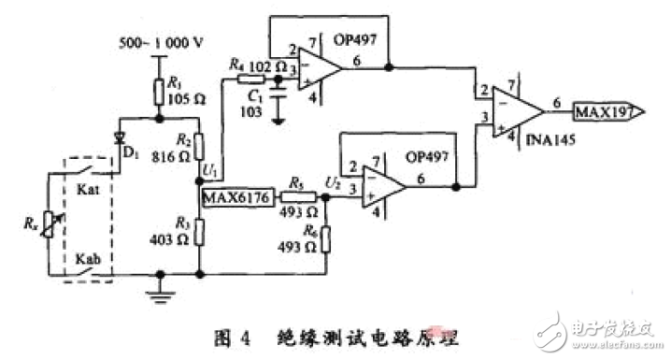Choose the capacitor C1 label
click(x=255, y=94)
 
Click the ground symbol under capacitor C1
click(x=278, y=118)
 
